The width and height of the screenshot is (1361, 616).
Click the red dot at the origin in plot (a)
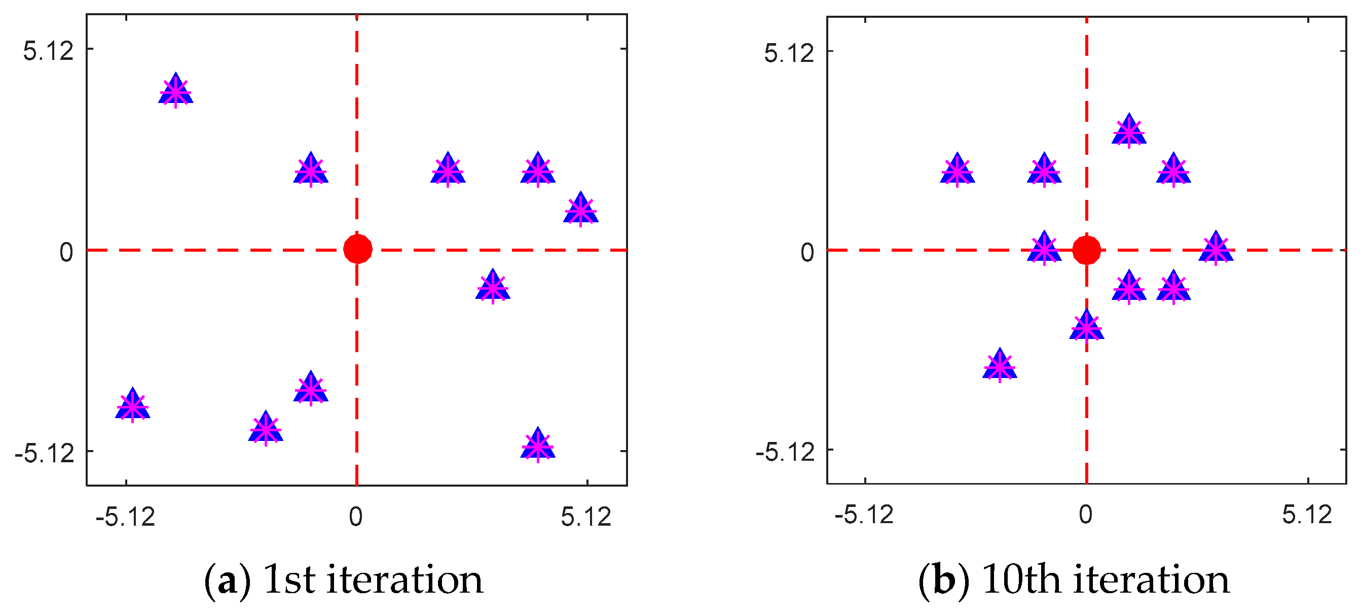point(358,249)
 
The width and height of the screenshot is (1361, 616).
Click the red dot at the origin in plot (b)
point(1086,250)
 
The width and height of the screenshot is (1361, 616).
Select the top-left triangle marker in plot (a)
point(176,90)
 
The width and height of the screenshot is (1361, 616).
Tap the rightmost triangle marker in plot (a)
point(581,210)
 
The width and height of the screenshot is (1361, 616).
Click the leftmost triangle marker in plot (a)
point(133,405)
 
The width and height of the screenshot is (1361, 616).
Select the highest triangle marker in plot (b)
point(1128,130)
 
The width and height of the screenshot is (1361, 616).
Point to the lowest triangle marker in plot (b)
point(999,365)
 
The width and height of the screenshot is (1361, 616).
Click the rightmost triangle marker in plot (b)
point(1215,248)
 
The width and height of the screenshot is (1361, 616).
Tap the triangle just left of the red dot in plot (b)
point(1044,248)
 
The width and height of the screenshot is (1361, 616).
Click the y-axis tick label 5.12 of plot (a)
point(48,51)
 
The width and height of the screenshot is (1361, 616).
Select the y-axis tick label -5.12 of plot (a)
point(45,453)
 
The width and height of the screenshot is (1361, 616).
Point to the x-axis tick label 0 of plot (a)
point(355,517)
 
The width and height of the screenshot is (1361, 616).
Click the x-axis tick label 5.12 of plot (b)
point(1307,515)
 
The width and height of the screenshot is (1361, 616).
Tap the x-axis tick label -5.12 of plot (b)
point(864,515)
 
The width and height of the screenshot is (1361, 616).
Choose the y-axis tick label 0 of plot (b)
point(807,253)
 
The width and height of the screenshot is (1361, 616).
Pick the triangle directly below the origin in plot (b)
point(1086,327)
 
